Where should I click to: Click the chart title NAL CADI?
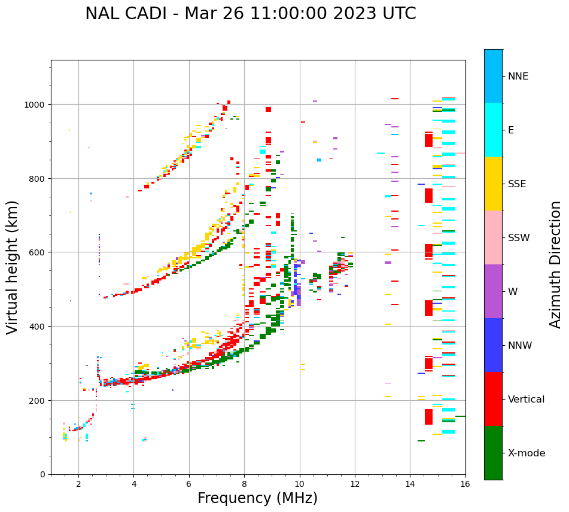(x=250, y=14)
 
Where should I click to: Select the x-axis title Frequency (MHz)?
(x=257, y=498)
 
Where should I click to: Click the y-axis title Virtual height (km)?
(x=13, y=267)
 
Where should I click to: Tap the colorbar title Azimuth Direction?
(x=556, y=264)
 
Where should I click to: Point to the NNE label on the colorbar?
(x=518, y=76)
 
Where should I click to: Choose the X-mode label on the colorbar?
(x=527, y=453)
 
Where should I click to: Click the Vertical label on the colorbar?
(x=527, y=399)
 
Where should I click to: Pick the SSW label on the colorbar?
(x=519, y=237)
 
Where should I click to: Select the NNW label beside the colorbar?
(x=520, y=345)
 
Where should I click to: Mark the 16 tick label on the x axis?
(x=465, y=484)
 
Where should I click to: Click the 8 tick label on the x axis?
(x=244, y=484)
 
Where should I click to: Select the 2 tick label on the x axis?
(x=78, y=484)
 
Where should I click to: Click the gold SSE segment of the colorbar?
(x=493, y=184)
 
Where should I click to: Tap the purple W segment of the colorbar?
(x=493, y=291)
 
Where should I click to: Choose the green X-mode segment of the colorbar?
(x=493, y=453)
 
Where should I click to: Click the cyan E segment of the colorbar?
(x=493, y=130)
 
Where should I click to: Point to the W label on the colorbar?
(x=513, y=291)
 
